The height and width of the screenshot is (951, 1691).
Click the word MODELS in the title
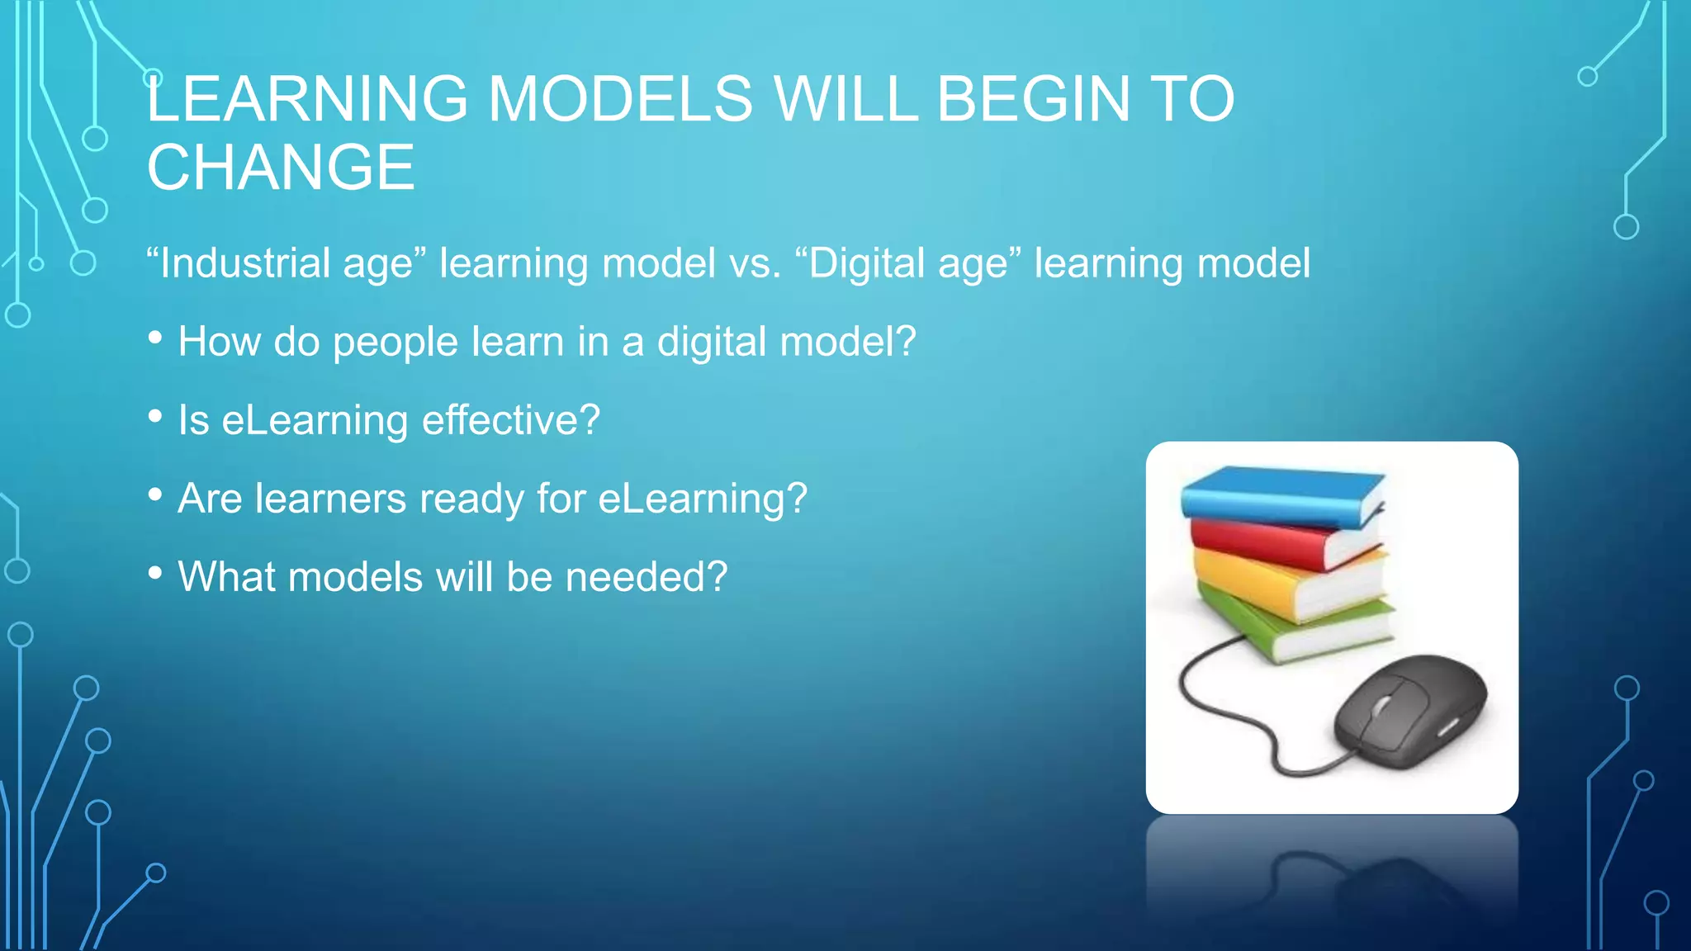(x=620, y=99)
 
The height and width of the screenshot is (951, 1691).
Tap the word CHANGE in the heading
(x=281, y=168)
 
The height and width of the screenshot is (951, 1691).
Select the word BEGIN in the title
(x=1033, y=99)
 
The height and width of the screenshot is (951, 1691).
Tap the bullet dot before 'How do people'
(x=155, y=338)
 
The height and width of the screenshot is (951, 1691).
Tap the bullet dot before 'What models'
(x=155, y=574)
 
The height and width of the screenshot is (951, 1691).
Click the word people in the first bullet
(x=395, y=342)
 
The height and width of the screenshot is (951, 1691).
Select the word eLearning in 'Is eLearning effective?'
(x=315, y=420)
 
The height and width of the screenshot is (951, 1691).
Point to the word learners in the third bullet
(x=330, y=499)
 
